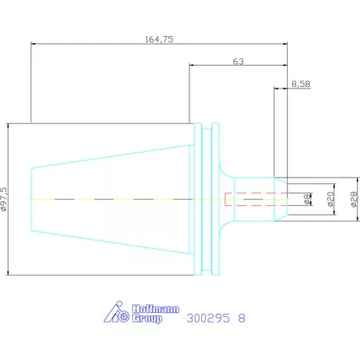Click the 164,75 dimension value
(159, 39)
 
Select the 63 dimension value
(238, 62)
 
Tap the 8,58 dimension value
(301, 84)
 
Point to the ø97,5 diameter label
(4, 199)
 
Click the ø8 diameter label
(308, 199)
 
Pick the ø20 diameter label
(330, 199)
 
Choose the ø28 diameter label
(354, 199)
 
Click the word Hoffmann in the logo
(156, 309)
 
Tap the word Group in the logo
(147, 319)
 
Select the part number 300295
(208, 318)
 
